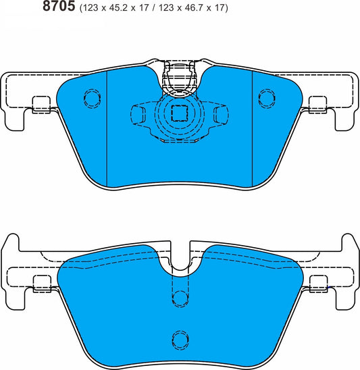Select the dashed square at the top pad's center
[x=180, y=113]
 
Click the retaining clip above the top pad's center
[x=180, y=78]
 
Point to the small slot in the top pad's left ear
[x=42, y=104]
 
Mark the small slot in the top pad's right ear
[x=317, y=104]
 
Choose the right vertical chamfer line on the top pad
[x=252, y=128]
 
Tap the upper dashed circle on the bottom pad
[x=180, y=298]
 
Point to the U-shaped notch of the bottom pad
[x=180, y=260]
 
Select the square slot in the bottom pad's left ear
[x=42, y=283]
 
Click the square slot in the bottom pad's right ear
[x=317, y=283]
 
